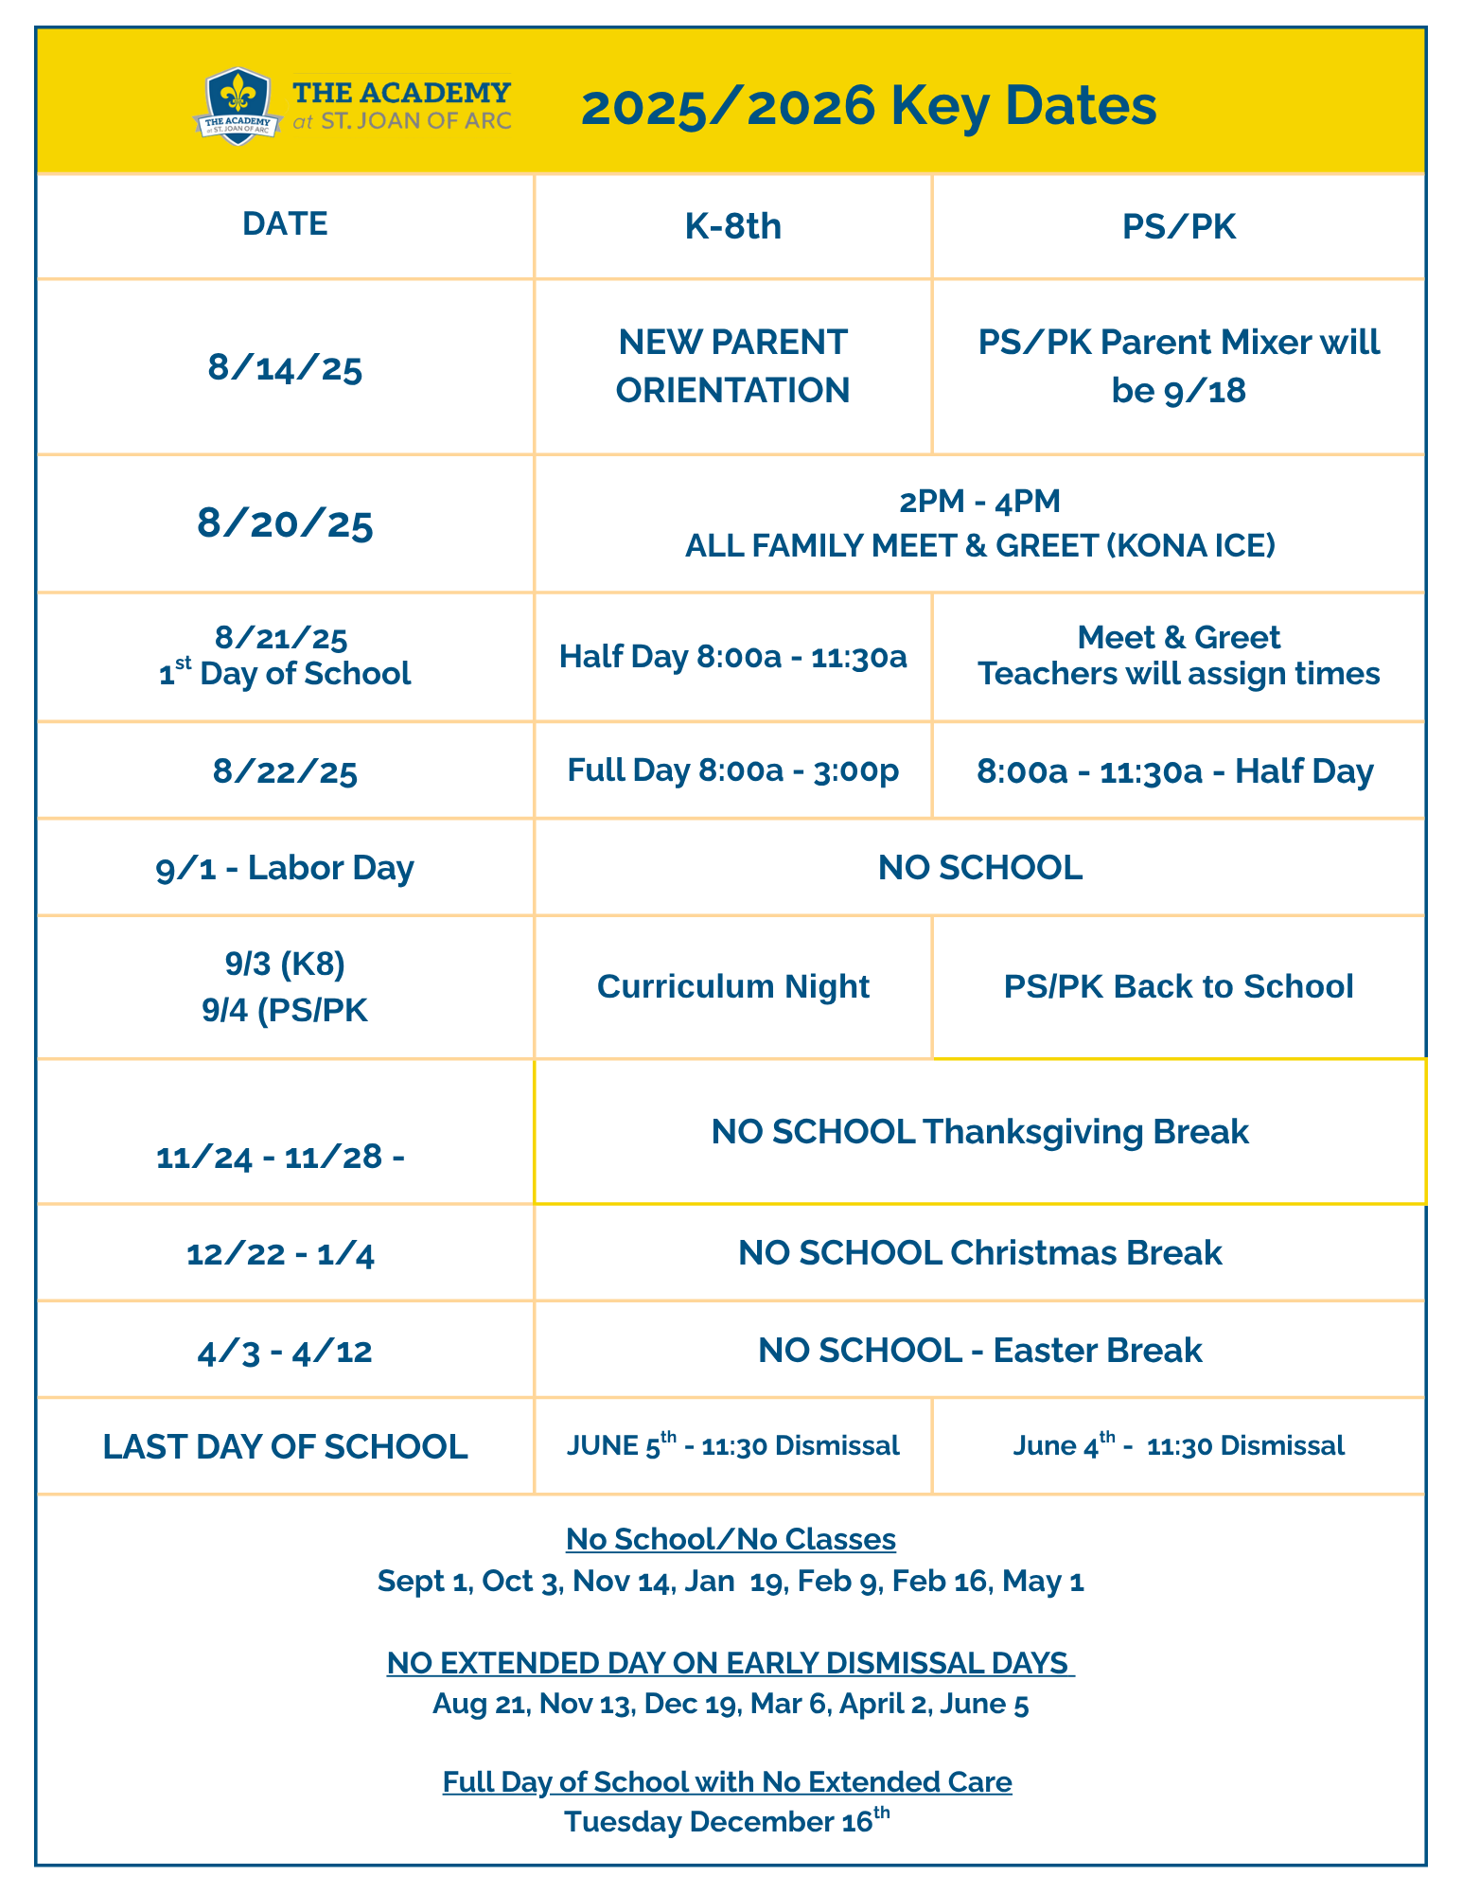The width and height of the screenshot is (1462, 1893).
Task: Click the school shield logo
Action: (238, 106)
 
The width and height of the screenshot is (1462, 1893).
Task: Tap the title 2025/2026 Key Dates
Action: (868, 105)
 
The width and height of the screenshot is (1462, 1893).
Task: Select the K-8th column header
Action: (732, 227)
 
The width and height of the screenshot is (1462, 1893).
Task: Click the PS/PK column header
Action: (1178, 227)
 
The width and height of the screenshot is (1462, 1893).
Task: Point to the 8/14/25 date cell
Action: (285, 368)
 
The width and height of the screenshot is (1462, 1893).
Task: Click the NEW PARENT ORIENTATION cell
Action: (732, 366)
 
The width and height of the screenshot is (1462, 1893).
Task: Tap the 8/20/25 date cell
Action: (285, 523)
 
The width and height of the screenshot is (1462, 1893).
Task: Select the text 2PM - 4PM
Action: (979, 502)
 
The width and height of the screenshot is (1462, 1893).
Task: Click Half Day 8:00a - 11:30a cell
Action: (732, 657)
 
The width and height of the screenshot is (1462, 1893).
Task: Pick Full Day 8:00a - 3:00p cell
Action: (732, 771)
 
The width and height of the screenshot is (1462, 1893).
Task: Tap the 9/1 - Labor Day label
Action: (285, 868)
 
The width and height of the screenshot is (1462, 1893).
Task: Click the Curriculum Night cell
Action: (732, 987)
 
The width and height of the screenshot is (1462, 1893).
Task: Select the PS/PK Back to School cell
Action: (1178, 987)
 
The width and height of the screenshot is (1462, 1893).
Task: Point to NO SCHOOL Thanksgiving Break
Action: (979, 1132)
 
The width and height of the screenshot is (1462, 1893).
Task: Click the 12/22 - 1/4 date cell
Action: (281, 1255)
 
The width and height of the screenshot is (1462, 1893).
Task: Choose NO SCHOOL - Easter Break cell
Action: (979, 1351)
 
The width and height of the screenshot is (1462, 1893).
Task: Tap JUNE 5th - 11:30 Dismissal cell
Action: (732, 1445)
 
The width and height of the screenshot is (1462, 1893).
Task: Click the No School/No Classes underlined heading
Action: (731, 1540)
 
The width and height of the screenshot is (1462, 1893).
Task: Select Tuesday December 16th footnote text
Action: (727, 1821)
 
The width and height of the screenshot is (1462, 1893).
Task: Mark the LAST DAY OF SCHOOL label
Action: (285, 1447)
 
